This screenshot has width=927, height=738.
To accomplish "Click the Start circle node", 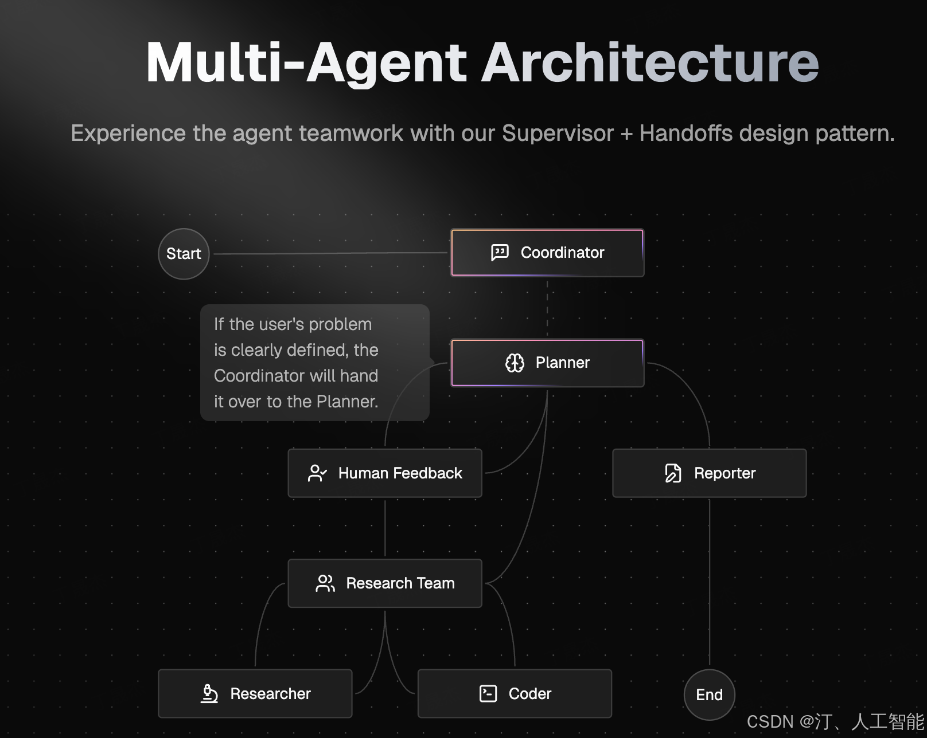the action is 184,254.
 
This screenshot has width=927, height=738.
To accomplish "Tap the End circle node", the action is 709,694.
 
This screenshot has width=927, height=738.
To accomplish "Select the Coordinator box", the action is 547,253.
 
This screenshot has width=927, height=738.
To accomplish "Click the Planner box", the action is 547,363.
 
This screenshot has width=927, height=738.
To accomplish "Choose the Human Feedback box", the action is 385,473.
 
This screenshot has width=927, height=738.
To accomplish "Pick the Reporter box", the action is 709,473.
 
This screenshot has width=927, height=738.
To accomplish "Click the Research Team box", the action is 385,583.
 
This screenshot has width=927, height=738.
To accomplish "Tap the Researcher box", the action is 255,693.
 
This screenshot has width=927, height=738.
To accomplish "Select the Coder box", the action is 515,693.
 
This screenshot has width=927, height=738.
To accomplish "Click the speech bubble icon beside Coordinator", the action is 500,253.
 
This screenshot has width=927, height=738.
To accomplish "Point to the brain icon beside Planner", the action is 515,363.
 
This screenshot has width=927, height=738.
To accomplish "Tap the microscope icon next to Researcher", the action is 209,693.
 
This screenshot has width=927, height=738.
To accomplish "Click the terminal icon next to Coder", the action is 488,693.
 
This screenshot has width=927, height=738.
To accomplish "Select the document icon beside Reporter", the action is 673,473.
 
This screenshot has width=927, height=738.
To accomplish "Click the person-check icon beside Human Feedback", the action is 317,473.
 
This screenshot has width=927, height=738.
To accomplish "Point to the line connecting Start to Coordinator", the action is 330,253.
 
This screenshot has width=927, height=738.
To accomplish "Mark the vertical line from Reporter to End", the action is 709,582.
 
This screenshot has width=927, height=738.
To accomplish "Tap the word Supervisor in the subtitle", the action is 558,133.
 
